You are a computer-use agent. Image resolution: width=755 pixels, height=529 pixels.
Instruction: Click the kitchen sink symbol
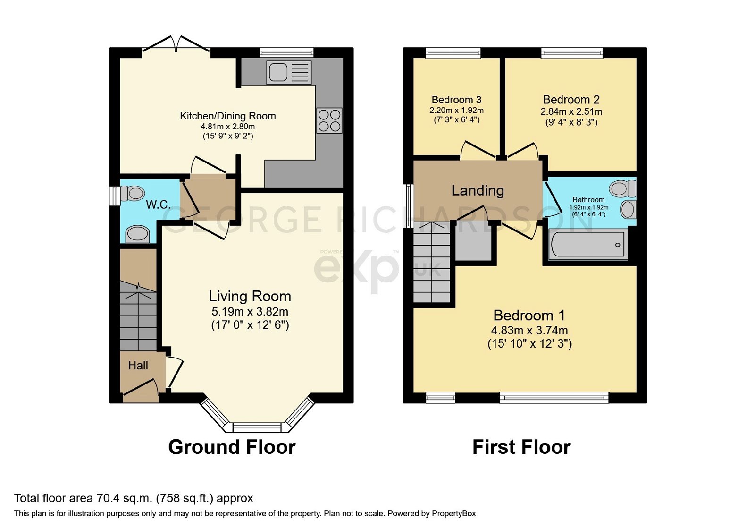pyautogui.click(x=289, y=73)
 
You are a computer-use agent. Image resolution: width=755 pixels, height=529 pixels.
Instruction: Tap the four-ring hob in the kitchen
pyautogui.click(x=329, y=120)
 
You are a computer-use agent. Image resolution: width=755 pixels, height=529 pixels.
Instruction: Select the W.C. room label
pyautogui.click(x=158, y=205)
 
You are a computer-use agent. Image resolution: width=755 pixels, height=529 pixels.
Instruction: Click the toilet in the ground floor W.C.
pyautogui.click(x=133, y=193)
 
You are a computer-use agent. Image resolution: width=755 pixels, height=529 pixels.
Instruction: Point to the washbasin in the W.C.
pyautogui.click(x=138, y=234)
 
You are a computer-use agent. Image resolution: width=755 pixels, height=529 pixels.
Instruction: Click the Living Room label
pyautogui.click(x=250, y=296)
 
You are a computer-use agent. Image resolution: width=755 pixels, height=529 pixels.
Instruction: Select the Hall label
pyautogui.click(x=138, y=365)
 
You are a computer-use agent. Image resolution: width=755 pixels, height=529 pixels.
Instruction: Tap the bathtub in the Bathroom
pyautogui.click(x=587, y=245)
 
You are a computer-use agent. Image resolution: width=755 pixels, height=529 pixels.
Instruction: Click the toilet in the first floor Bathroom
pyautogui.click(x=622, y=188)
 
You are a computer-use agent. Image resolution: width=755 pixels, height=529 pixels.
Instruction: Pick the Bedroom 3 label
pyautogui.click(x=456, y=100)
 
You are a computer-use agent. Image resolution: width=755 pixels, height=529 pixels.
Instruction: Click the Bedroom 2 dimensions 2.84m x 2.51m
pyautogui.click(x=571, y=112)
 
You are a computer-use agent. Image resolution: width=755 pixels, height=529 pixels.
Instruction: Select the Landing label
pyautogui.click(x=478, y=190)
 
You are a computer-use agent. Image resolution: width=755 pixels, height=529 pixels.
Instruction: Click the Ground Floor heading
pyautogui.click(x=232, y=447)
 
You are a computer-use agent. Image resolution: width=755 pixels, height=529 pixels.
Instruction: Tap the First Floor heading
pyautogui.click(x=521, y=447)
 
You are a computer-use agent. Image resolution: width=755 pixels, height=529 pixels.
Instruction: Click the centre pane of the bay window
pyautogui.click(x=257, y=427)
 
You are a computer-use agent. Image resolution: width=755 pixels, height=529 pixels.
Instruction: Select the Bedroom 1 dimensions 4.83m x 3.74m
pyautogui.click(x=529, y=331)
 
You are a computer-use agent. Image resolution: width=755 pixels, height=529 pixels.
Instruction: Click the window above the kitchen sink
pyautogui.click(x=286, y=52)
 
